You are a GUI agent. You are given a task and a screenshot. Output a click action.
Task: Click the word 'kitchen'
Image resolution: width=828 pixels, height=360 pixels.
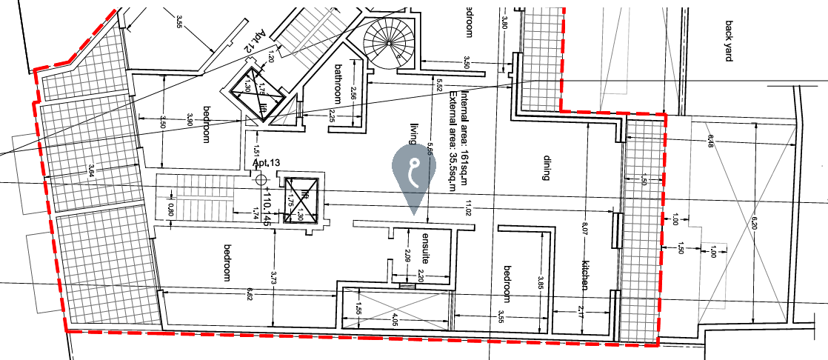click(x=584, y=274)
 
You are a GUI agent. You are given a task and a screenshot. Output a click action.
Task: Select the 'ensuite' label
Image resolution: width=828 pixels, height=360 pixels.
click(x=427, y=249)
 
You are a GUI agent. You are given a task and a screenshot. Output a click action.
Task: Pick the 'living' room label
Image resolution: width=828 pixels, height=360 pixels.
click(x=414, y=133)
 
